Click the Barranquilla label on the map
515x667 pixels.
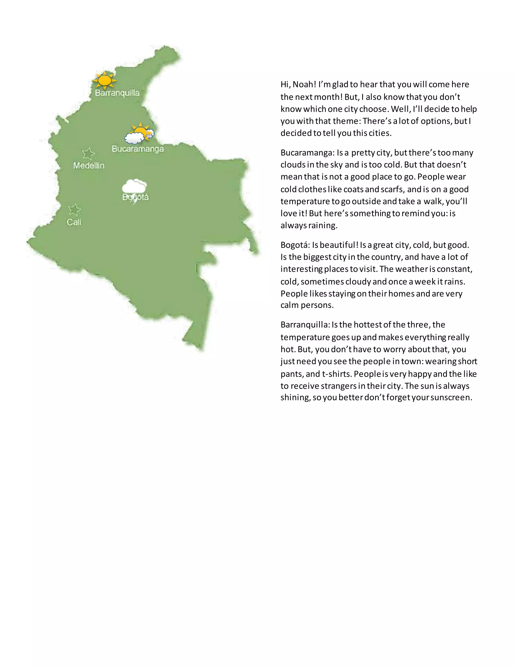coord(117,93)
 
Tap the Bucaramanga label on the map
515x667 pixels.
coord(138,149)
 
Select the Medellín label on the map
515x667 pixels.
coord(89,166)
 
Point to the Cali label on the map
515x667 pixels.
coord(74,222)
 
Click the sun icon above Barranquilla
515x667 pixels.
coord(105,80)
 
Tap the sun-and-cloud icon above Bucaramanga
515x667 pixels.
coord(139,134)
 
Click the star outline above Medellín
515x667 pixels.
coord(88,154)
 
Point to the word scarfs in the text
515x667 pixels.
coord(392,189)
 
